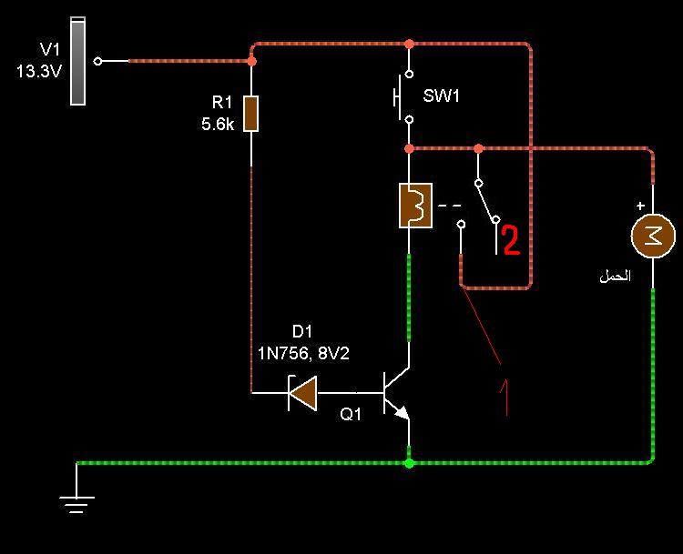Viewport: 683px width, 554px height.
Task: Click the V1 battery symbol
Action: (x=78, y=61)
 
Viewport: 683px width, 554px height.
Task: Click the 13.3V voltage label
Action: (x=39, y=71)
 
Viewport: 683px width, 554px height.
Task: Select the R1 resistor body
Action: (x=251, y=114)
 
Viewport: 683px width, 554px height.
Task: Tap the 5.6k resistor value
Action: (x=218, y=125)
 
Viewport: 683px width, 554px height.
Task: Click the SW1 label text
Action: (x=441, y=96)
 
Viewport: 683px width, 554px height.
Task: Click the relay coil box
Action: (x=415, y=206)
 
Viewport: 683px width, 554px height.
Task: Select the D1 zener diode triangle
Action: (x=302, y=393)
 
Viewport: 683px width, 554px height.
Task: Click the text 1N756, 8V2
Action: (x=303, y=353)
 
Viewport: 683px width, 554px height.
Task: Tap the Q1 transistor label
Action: (x=351, y=414)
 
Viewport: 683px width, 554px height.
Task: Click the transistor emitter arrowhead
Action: (x=402, y=412)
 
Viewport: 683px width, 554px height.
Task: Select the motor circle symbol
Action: (x=653, y=236)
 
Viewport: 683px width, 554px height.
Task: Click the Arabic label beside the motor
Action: (x=615, y=276)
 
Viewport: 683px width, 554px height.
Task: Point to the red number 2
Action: (x=512, y=240)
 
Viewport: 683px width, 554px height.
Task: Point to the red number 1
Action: (x=505, y=398)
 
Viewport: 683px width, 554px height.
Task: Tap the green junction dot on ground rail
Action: (x=409, y=463)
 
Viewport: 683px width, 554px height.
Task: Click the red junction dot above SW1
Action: (x=409, y=44)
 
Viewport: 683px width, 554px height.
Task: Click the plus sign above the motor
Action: (x=640, y=206)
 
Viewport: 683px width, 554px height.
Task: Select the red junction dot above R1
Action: (x=251, y=61)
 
